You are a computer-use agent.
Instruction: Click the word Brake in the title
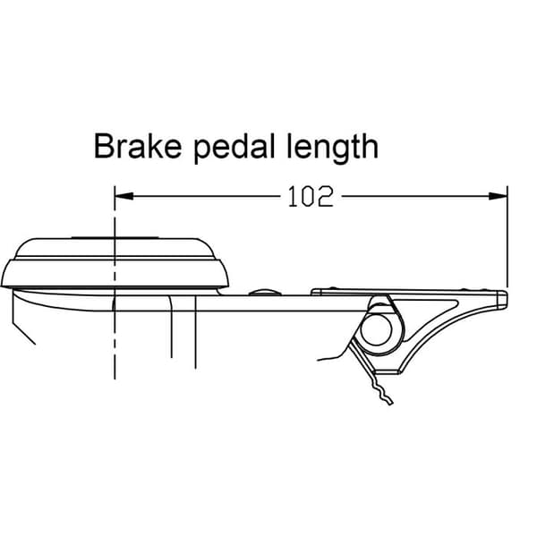coord(138,146)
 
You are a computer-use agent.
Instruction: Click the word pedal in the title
coord(234,148)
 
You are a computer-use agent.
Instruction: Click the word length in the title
coord(333,148)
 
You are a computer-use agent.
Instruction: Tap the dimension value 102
coord(311,196)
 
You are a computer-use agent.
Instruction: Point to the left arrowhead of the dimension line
coord(124,196)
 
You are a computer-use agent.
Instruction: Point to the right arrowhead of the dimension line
coord(499,196)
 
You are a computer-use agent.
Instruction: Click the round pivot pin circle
coord(376,330)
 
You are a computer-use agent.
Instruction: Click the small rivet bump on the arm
coord(265,292)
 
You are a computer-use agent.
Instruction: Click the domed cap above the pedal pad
coord(115,248)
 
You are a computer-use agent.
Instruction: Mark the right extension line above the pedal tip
coord(507,236)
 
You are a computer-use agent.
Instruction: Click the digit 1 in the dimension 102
coord(294,197)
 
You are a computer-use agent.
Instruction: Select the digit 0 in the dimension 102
coord(309,197)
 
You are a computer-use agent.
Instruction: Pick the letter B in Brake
coord(104,147)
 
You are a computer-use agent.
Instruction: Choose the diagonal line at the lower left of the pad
coord(24,333)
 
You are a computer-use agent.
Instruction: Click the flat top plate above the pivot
coord(405,292)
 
